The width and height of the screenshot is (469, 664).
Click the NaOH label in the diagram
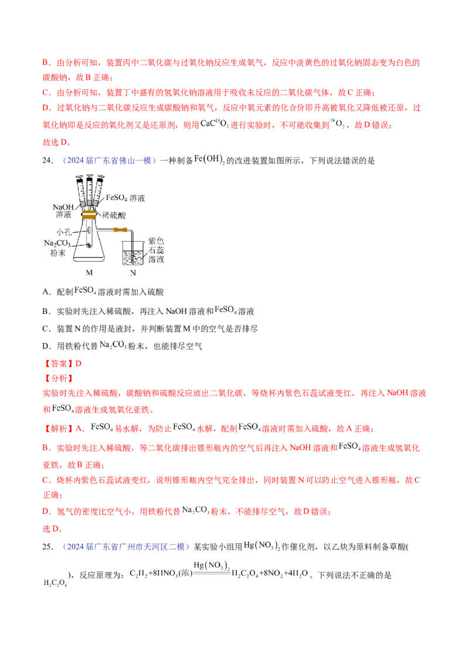63,207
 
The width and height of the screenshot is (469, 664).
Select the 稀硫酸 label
114,215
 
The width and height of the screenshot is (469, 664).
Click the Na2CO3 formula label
59,243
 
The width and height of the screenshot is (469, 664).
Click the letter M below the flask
89,272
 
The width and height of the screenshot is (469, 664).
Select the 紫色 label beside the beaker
155,240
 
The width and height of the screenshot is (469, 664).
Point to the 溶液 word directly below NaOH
62,216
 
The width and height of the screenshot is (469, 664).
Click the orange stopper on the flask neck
89,215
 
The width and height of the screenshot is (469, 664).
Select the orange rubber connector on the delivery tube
121,230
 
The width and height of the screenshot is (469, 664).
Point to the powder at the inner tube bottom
89,246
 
